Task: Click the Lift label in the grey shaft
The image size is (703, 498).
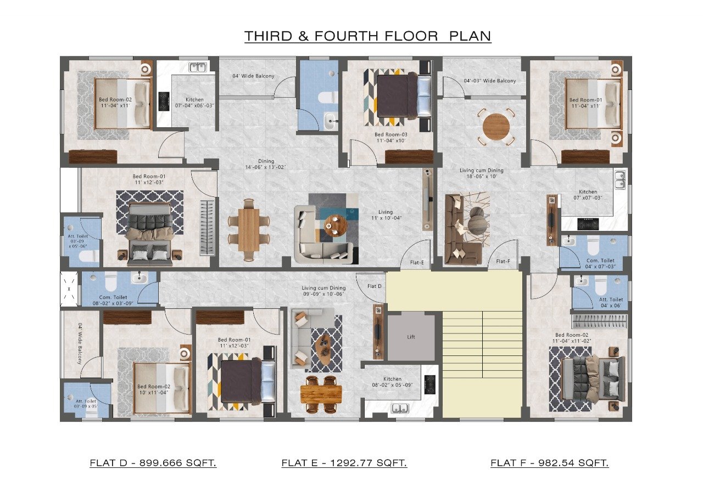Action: [x=411, y=337]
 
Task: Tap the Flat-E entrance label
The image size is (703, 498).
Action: [x=417, y=262]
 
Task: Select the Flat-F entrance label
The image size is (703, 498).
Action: [x=503, y=262]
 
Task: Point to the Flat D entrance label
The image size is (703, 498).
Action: [x=375, y=286]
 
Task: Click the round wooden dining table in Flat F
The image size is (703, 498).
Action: [x=496, y=127]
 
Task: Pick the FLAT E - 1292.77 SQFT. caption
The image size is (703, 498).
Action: [x=344, y=462]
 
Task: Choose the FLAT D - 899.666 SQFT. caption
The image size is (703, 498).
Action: [x=153, y=462]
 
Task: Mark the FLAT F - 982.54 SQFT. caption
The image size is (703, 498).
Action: [x=550, y=462]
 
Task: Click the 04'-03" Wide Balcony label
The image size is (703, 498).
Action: [x=489, y=81]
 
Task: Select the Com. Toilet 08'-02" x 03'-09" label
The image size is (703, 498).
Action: [x=113, y=300]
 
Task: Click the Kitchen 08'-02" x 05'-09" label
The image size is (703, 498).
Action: [x=392, y=382]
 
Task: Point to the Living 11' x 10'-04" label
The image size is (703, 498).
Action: [x=386, y=215]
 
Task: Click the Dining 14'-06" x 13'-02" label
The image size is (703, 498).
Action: [x=265, y=164]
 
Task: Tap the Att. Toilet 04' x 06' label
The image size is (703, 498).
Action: [x=611, y=302]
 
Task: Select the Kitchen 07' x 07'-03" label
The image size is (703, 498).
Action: [x=588, y=195]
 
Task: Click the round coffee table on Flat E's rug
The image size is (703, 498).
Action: [x=336, y=225]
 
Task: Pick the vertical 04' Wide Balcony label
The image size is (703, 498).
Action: [x=80, y=343]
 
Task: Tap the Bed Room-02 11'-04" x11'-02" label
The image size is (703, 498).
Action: [x=572, y=338]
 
